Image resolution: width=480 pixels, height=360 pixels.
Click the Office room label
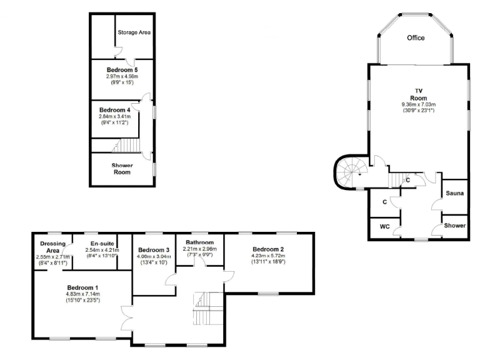(x=416, y=38)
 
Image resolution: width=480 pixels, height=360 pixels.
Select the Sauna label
(x=454, y=194)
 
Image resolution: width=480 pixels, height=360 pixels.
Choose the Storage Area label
(x=134, y=32)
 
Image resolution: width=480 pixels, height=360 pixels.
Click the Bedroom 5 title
(x=122, y=69)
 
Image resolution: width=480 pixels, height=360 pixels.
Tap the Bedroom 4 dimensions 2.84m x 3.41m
(x=114, y=116)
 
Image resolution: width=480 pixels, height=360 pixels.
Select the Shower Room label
(x=122, y=169)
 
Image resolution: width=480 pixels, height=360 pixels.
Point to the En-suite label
(x=100, y=243)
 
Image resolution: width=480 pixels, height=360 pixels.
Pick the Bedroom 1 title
(x=83, y=287)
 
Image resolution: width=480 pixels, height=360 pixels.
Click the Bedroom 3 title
(x=154, y=249)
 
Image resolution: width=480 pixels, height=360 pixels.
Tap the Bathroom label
(x=199, y=242)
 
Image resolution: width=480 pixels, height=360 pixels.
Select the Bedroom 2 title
(x=269, y=249)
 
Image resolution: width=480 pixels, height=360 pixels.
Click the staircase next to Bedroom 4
(x=125, y=146)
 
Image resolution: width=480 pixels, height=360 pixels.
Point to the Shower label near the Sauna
(x=454, y=225)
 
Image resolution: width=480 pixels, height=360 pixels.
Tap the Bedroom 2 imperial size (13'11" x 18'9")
(x=269, y=262)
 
